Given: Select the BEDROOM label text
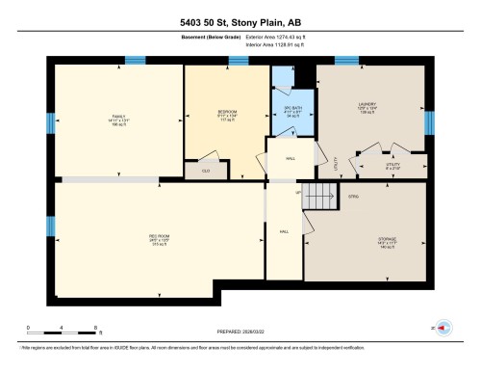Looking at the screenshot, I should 227,114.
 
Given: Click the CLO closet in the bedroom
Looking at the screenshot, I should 205,170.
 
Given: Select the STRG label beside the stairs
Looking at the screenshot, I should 353,197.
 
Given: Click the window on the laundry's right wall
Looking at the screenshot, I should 429,122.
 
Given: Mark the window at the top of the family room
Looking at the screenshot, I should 135,62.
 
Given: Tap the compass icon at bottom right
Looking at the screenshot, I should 444,328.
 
